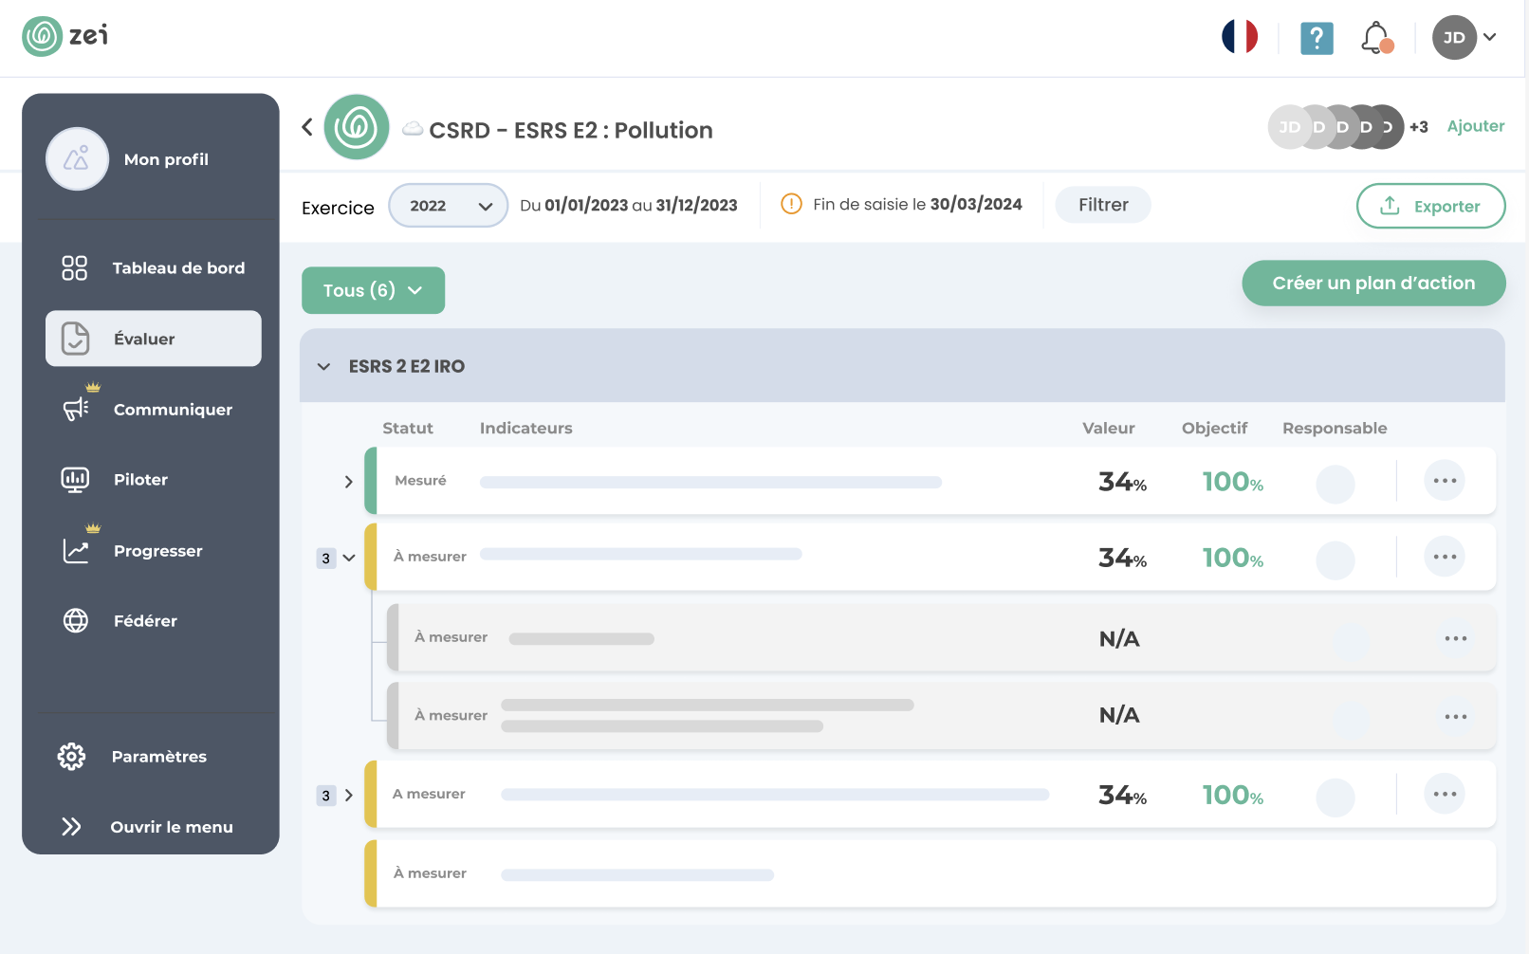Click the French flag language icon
pyautogui.click(x=1239, y=37)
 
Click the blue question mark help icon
pyautogui.click(x=1316, y=39)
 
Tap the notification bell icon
pyautogui.click(x=1375, y=38)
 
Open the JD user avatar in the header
pyautogui.click(x=1454, y=38)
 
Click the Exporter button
pyautogui.click(x=1430, y=206)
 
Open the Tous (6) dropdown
pyautogui.click(x=373, y=290)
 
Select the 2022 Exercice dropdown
pyautogui.click(x=448, y=206)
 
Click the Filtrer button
pyautogui.click(x=1102, y=205)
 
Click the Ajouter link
pyautogui.click(x=1475, y=126)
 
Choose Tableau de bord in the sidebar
pyautogui.click(x=177, y=268)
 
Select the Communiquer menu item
pyautogui.click(x=172, y=410)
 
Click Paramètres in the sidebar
pyautogui.click(x=158, y=757)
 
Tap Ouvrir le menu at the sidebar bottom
pyautogui.click(x=171, y=827)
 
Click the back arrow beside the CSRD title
pyautogui.click(x=307, y=127)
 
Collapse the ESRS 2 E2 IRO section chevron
pyautogui.click(x=324, y=367)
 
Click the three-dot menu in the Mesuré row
pyautogui.click(x=1444, y=481)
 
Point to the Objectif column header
pyautogui.click(x=1214, y=429)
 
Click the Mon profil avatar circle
pyautogui.click(x=77, y=159)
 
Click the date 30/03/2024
pyautogui.click(x=975, y=204)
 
